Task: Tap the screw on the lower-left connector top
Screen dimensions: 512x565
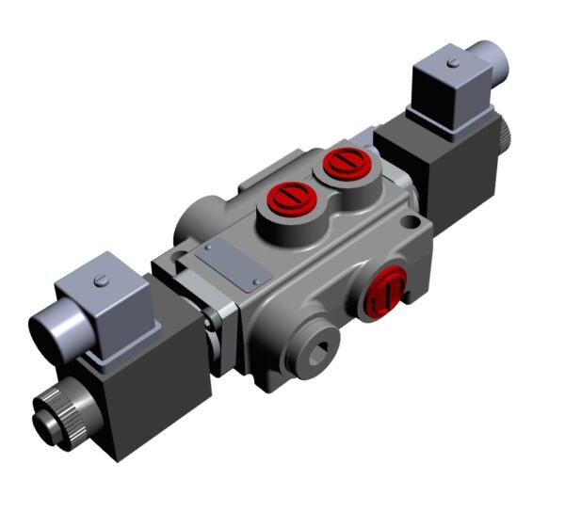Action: point(96,280)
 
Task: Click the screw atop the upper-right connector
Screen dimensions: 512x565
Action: point(453,64)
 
